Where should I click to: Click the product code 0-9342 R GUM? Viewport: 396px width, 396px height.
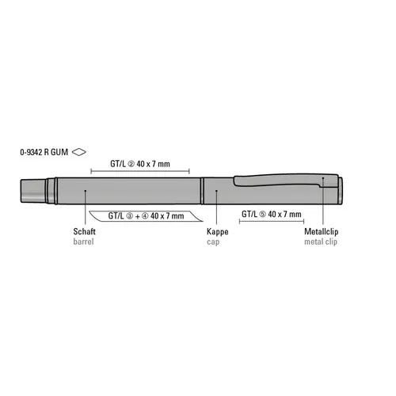coord(44,152)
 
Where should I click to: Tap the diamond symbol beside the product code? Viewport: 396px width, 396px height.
coord(79,152)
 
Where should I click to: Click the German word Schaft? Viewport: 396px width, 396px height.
coord(84,231)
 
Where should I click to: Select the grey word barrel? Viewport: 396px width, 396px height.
coord(83,242)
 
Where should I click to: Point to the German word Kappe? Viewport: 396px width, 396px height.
coord(218,232)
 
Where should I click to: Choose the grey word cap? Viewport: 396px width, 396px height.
coord(213,242)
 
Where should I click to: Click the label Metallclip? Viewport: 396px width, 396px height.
coord(322,231)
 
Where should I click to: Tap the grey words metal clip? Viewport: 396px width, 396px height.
coord(321,242)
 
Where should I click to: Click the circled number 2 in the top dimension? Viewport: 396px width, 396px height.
coord(131,164)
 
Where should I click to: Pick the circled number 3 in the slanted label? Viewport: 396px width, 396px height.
coord(130,216)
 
